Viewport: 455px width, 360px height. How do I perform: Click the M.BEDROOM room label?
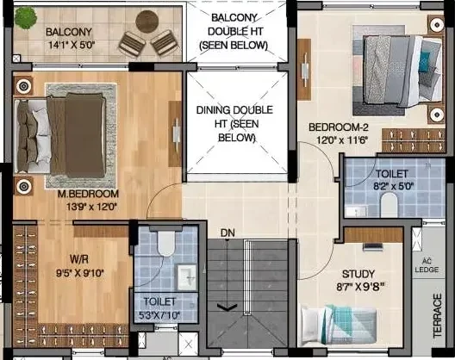pos(88,194)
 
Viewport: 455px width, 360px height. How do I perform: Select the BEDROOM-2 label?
pos(339,127)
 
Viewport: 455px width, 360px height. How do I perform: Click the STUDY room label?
pos(358,274)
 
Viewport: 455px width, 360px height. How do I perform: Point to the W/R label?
pos(79,259)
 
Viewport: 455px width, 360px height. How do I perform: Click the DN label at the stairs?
pos(227,233)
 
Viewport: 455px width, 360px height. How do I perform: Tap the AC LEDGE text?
pos(427,265)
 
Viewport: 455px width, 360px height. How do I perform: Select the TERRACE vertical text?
pos(438,315)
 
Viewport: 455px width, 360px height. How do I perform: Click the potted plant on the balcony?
pos(26,18)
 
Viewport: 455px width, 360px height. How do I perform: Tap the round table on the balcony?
pos(147,22)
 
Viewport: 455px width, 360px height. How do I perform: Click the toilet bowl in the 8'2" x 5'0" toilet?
pos(389,205)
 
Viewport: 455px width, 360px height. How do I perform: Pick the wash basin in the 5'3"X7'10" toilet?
pos(187,277)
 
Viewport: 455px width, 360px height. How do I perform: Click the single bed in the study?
pos(339,325)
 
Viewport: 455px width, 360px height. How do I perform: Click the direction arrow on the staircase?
pos(227,307)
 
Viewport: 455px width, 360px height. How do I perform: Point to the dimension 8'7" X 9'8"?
pos(360,287)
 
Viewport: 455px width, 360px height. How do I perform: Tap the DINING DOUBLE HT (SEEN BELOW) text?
pos(235,123)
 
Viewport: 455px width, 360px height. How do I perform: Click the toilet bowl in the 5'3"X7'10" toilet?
pos(166,243)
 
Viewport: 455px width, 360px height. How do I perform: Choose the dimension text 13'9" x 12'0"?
pos(91,207)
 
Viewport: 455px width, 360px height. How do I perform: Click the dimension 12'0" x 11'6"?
pos(342,140)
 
